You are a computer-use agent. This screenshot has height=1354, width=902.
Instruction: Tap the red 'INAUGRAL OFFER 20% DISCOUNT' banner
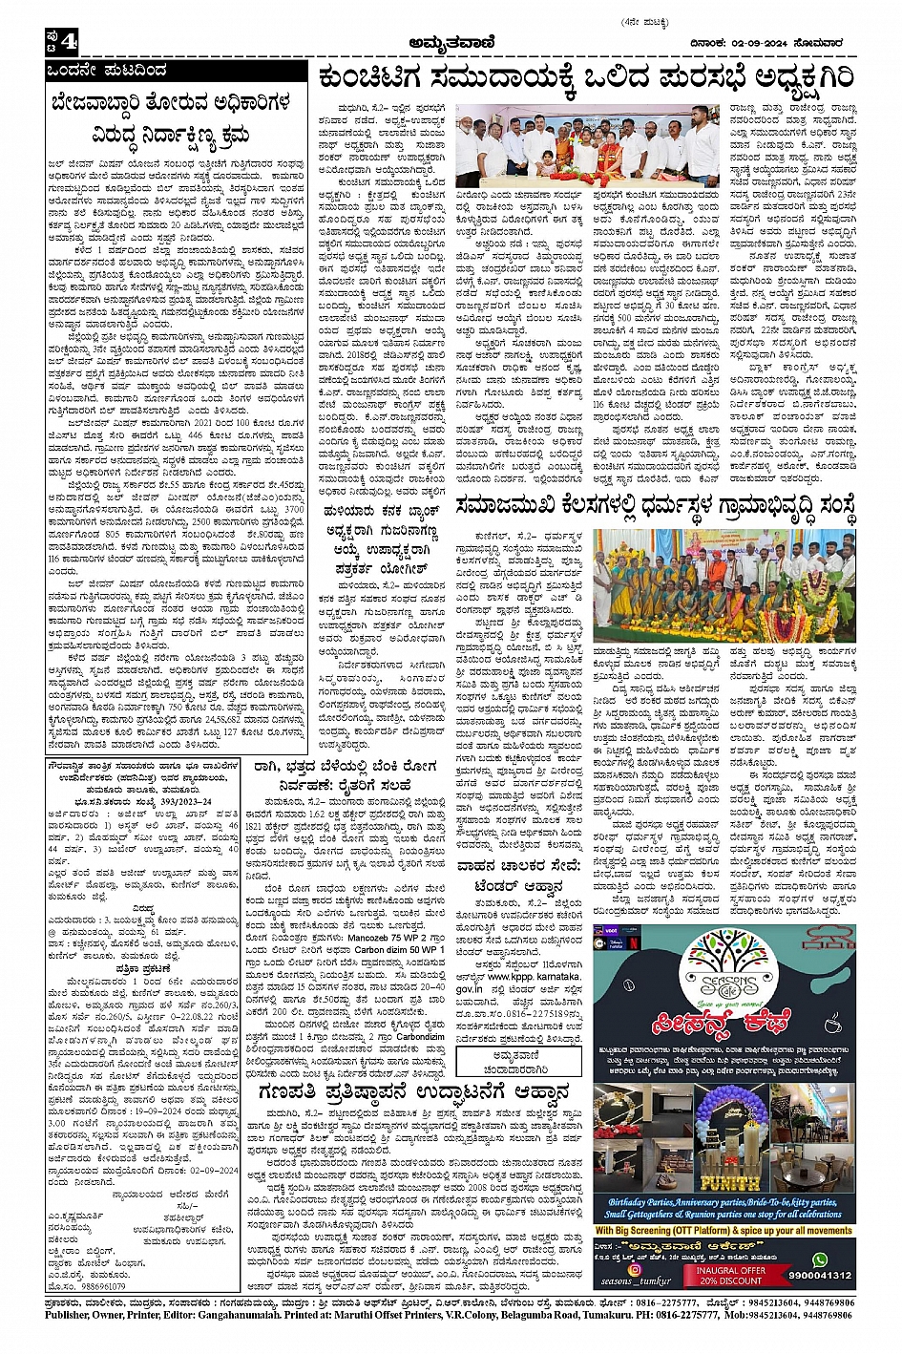click(730, 1276)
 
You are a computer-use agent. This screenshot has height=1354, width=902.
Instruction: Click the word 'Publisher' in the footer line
click(72, 1315)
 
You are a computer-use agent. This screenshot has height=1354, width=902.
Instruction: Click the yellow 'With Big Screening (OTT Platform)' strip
click(724, 1230)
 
